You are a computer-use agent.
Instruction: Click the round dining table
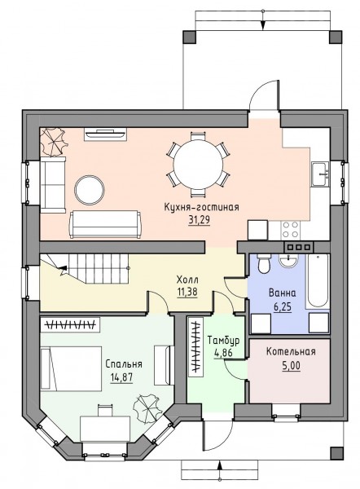pyautogui.click(x=198, y=165)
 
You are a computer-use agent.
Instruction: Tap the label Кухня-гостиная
pyautogui.click(x=201, y=207)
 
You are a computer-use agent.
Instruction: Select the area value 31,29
pyautogui.click(x=199, y=220)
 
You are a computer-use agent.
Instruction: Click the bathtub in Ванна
pyautogui.click(x=318, y=281)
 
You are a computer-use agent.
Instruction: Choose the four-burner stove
pyautogui.click(x=290, y=230)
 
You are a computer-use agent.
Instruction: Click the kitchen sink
pyautogui.click(x=320, y=174)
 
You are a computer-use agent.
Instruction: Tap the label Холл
pyautogui.click(x=187, y=279)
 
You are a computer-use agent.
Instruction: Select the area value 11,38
pyautogui.click(x=187, y=293)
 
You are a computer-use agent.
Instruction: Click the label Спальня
pyautogui.click(x=124, y=364)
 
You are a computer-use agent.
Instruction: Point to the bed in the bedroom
pyautogui.click(x=72, y=368)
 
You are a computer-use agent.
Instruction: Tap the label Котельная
pyautogui.click(x=291, y=352)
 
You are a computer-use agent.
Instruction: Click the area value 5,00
pyautogui.click(x=291, y=365)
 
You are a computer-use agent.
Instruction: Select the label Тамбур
pyautogui.click(x=223, y=340)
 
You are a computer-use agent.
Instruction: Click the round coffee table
pyautogui.click(x=90, y=190)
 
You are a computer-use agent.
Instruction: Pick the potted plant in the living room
pyautogui.click(x=54, y=142)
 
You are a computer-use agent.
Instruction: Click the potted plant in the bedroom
pyautogui.click(x=147, y=408)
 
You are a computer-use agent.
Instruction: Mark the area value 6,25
pyautogui.click(x=283, y=307)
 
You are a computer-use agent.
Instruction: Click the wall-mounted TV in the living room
pyautogui.click(x=105, y=134)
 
